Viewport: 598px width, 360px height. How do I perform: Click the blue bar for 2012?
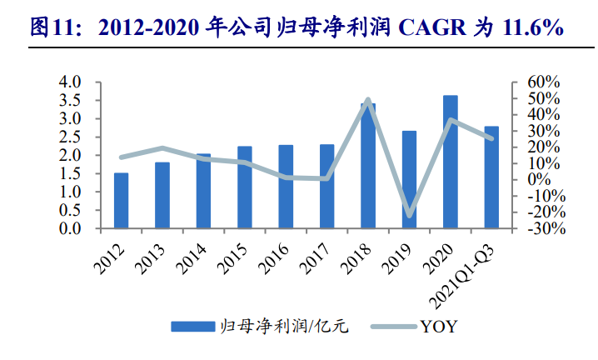pyautogui.click(x=122, y=201)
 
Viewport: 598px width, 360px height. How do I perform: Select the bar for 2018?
pyautogui.click(x=368, y=166)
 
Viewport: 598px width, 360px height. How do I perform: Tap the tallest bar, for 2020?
pyautogui.click(x=451, y=162)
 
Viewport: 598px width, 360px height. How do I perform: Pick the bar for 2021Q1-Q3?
pyautogui.click(x=491, y=177)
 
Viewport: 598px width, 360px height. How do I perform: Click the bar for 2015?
pyautogui.click(x=245, y=187)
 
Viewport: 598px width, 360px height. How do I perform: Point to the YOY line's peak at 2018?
pyautogui.click(x=367, y=100)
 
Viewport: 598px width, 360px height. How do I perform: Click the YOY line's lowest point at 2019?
pyautogui.click(x=409, y=215)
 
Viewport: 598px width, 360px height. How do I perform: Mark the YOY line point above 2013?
pyautogui.click(x=162, y=148)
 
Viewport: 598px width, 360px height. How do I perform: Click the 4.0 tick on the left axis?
pyautogui.click(x=70, y=82)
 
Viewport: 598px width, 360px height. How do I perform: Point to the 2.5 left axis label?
pyautogui.click(x=70, y=137)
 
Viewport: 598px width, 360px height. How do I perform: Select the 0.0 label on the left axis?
pyautogui.click(x=70, y=228)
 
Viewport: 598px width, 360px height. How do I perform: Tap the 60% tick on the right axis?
pyautogui.click(x=544, y=82)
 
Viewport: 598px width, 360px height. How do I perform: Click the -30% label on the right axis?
pyautogui.click(x=546, y=228)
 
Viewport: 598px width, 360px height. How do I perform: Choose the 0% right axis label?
pyautogui.click(x=539, y=180)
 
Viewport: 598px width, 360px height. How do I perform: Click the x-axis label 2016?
pyautogui.click(x=274, y=258)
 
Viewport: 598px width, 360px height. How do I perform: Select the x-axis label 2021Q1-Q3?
pyautogui.click(x=462, y=277)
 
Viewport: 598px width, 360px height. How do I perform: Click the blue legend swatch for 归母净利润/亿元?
pyautogui.click(x=193, y=327)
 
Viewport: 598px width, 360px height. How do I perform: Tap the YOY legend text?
pyautogui.click(x=438, y=327)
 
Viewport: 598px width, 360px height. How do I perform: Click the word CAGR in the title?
pyautogui.click(x=431, y=27)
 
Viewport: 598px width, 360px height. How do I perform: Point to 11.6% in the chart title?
pyautogui.click(x=533, y=27)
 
